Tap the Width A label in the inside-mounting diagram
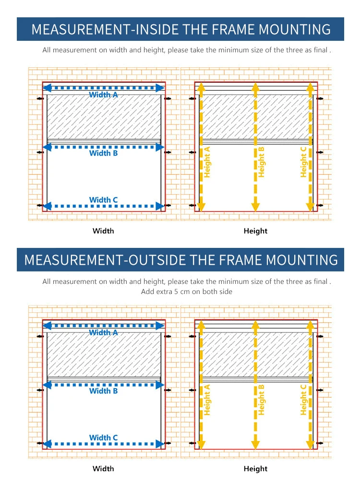[103, 95]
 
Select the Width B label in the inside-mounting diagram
[103, 153]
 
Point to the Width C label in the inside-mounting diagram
[103, 200]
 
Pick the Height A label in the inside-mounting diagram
[207, 162]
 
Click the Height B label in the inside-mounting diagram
[262, 162]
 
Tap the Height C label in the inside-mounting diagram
[303, 162]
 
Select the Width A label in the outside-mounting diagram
[103, 332]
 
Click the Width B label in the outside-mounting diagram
[103, 391]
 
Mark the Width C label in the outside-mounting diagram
[103, 438]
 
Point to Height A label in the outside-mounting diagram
[207, 400]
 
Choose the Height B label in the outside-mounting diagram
[262, 400]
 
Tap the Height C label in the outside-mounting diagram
[303, 400]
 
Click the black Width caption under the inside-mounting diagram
[103, 231]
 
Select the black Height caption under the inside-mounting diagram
[255, 231]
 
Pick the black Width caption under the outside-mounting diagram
[103, 469]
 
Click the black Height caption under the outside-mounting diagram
[255, 469]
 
